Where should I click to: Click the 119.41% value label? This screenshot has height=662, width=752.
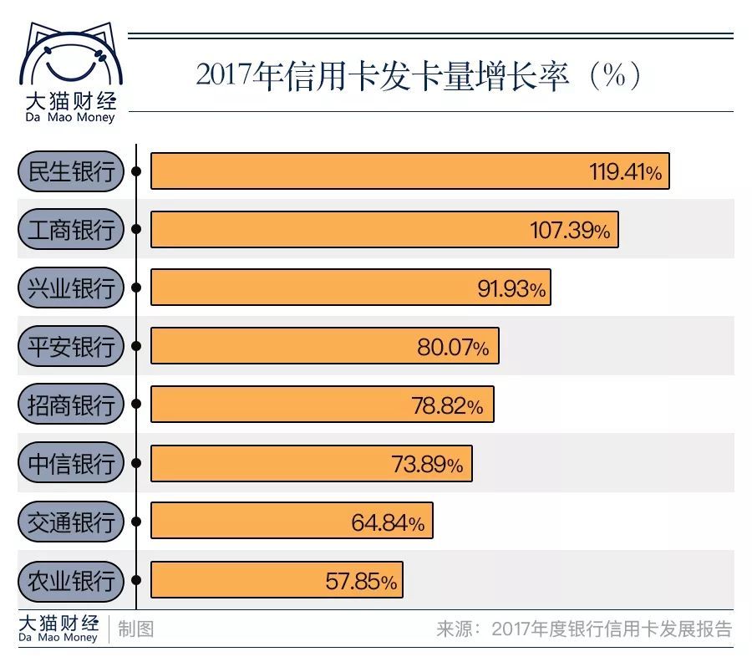[x=625, y=172]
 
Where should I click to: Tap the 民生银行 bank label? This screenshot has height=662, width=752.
[x=70, y=172]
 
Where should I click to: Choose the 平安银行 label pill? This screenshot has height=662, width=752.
[x=70, y=346]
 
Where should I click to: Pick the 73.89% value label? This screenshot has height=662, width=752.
[x=427, y=464]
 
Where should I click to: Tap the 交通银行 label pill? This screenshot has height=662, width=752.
[x=70, y=522]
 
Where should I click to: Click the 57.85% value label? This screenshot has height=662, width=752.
[x=361, y=581]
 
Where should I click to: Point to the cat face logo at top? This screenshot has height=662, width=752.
[x=67, y=59]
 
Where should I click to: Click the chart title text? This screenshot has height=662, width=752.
[x=418, y=76]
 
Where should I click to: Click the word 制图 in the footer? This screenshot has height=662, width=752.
[x=135, y=629]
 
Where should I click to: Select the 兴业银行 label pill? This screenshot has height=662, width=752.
[x=70, y=288]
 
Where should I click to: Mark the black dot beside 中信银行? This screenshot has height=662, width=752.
[x=136, y=464]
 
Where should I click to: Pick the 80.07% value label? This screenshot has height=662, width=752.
[x=453, y=347]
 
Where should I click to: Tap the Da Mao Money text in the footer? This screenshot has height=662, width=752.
[x=57, y=638]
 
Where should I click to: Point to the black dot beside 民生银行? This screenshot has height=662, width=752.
[x=136, y=172]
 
